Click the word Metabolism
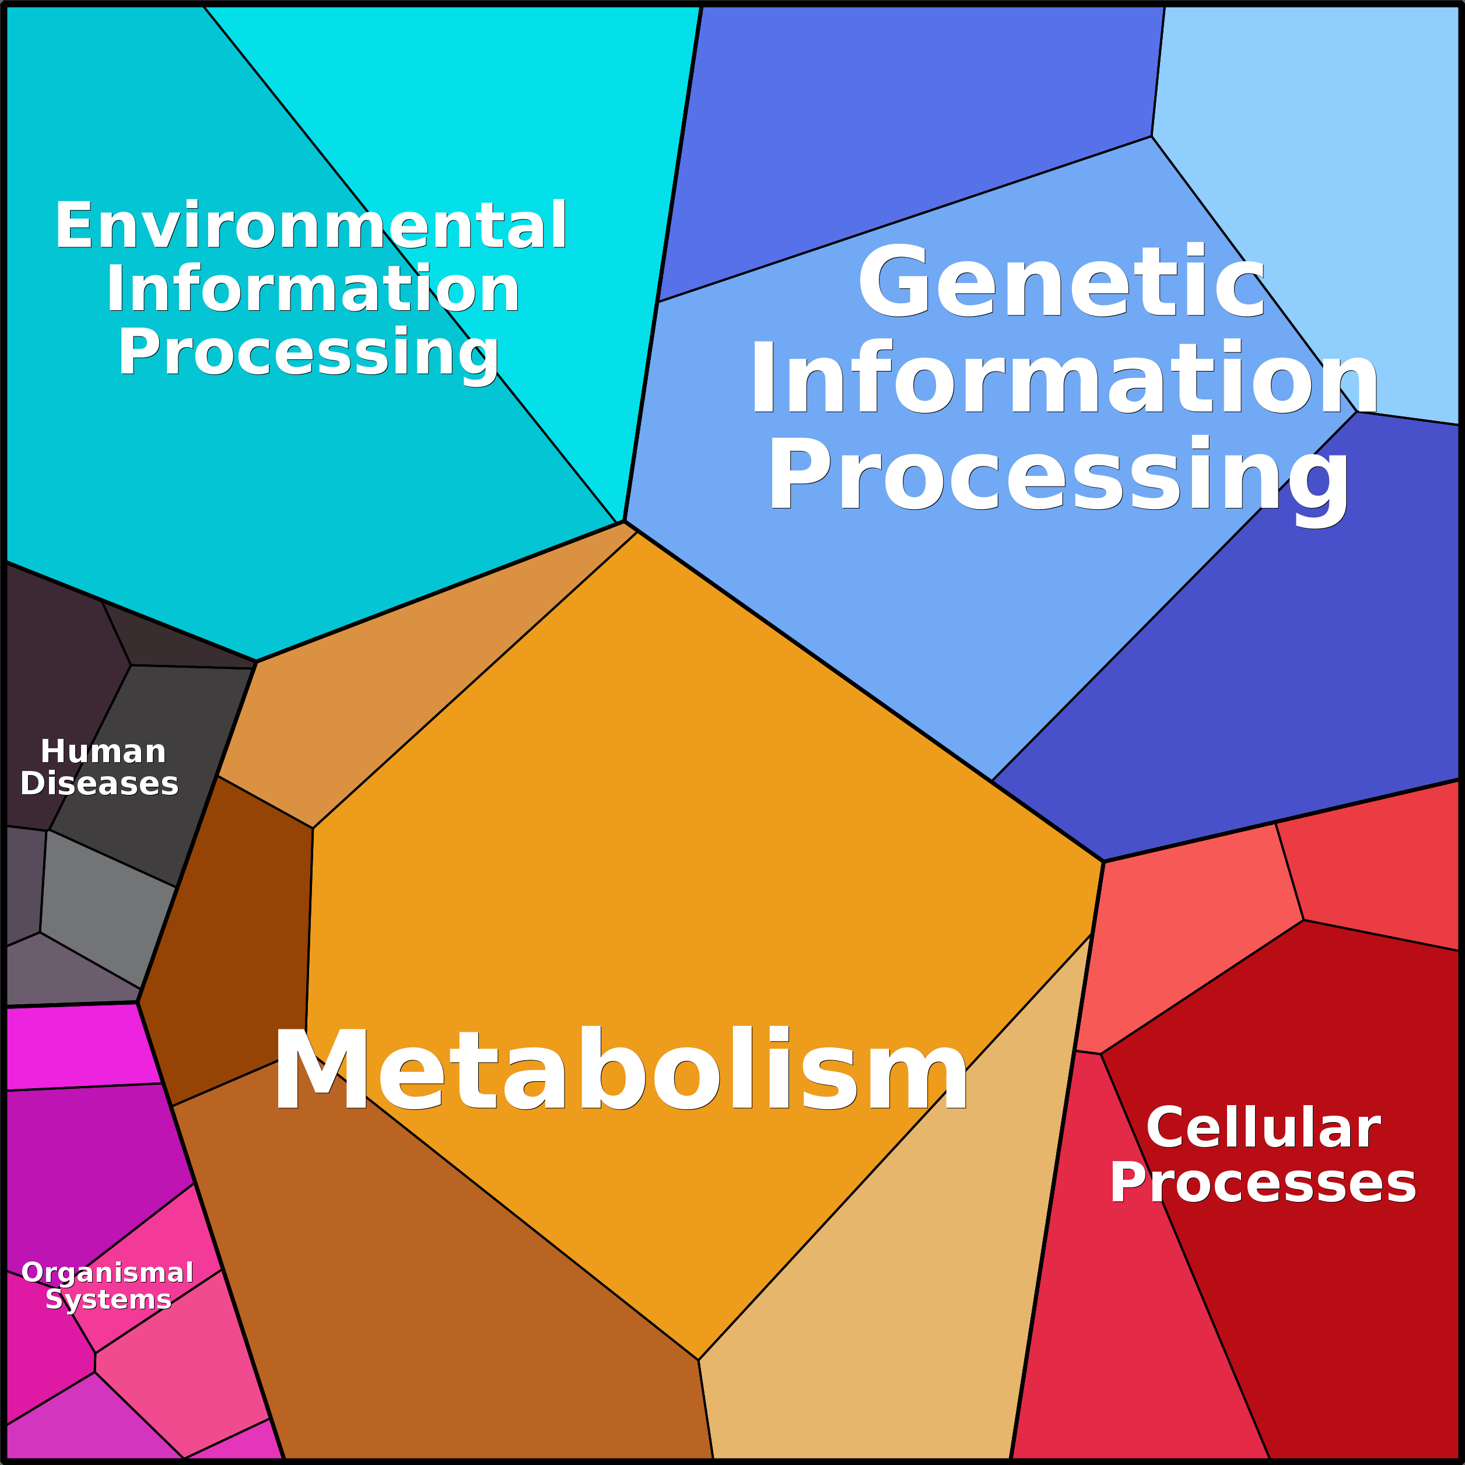[x=621, y=1071]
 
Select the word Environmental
[x=311, y=226]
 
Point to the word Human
[x=103, y=752]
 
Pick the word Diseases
[x=99, y=783]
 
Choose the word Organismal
[x=108, y=1273]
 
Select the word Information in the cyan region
[x=313, y=290]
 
